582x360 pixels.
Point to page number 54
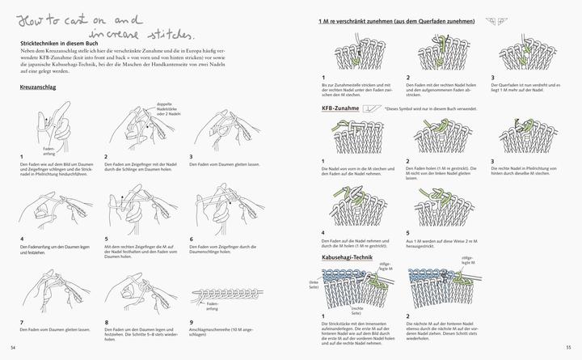[13, 347]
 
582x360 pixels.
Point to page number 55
[568, 347]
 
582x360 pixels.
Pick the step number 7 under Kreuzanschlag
[21, 322]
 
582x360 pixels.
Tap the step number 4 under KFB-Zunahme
[322, 234]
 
